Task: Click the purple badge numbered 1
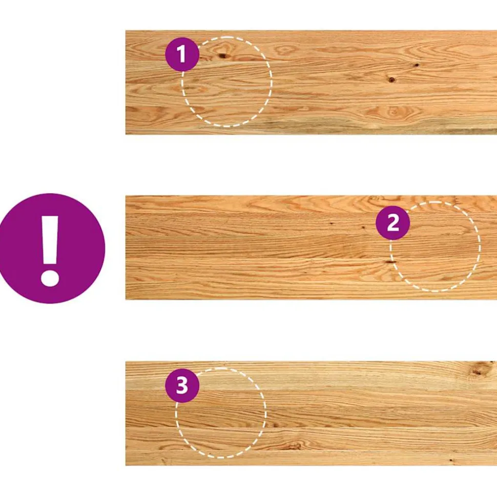[x=182, y=54]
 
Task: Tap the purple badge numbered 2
[x=392, y=223]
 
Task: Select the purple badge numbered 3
[x=182, y=385]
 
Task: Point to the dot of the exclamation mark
[x=50, y=278]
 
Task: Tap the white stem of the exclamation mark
[x=50, y=240]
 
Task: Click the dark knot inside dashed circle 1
[x=222, y=56]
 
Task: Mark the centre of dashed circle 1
[x=226, y=82]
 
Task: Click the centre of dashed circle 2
[x=435, y=246]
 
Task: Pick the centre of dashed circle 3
[x=221, y=413]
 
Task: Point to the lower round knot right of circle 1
[x=391, y=79]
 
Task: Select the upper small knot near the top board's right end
[x=416, y=66]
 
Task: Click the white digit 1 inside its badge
[x=181, y=54]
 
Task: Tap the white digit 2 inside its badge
[x=393, y=223]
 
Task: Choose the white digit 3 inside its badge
[x=182, y=385]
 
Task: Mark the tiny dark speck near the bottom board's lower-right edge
[x=451, y=460]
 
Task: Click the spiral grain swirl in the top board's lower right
[x=394, y=112]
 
